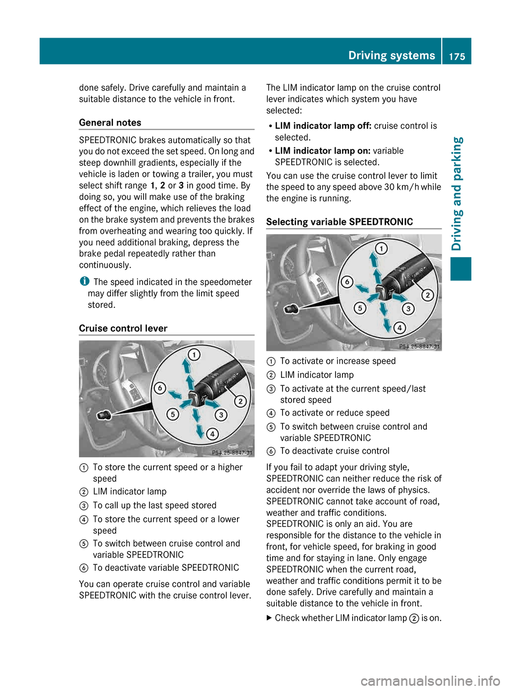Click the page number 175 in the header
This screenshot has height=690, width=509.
coord(457,56)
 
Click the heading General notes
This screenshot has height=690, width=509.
coord(110,122)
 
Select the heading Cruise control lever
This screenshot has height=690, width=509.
coord(123,328)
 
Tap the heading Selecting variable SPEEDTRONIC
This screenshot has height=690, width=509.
coord(339,222)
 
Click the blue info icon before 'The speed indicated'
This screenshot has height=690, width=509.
coord(84,281)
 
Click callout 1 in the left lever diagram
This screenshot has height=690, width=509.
coord(195,355)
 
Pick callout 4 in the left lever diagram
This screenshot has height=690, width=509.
coord(212,434)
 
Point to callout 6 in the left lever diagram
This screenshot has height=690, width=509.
coord(160,388)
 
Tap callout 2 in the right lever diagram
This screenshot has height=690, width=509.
coord(427,295)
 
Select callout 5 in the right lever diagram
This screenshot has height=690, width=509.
coord(360,308)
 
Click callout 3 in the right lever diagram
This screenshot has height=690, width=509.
coord(408,308)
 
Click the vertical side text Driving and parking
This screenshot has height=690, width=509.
coord(457,193)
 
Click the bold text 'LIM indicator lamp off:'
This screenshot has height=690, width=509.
coord(323,126)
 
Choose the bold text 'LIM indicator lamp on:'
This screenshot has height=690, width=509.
coord(322,151)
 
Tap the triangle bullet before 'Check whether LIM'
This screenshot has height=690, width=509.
coord(269,617)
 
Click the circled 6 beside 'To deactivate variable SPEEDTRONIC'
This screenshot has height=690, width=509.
coord(84,568)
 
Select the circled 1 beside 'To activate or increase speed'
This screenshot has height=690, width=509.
coord(271,361)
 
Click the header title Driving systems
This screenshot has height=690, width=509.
coord(391,55)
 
